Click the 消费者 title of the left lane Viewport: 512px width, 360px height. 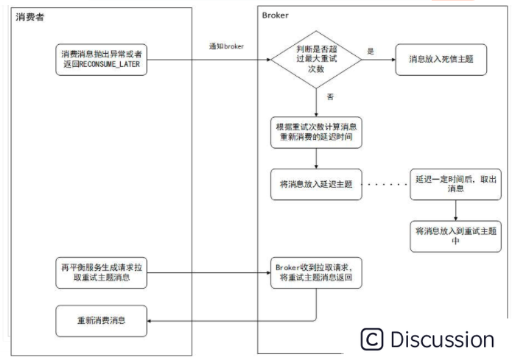(30, 16)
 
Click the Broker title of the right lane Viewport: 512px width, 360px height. (275, 15)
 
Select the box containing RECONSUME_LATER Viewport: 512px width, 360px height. (101, 60)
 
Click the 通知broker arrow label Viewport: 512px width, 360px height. (227, 46)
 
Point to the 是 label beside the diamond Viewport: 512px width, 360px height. (371, 52)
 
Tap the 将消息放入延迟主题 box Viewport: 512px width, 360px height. (315, 183)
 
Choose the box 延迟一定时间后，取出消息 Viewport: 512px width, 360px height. (455, 183)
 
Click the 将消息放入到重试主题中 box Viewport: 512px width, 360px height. (455, 235)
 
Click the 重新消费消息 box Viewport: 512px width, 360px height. (101, 320)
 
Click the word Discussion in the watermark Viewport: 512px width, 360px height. (442, 339)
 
